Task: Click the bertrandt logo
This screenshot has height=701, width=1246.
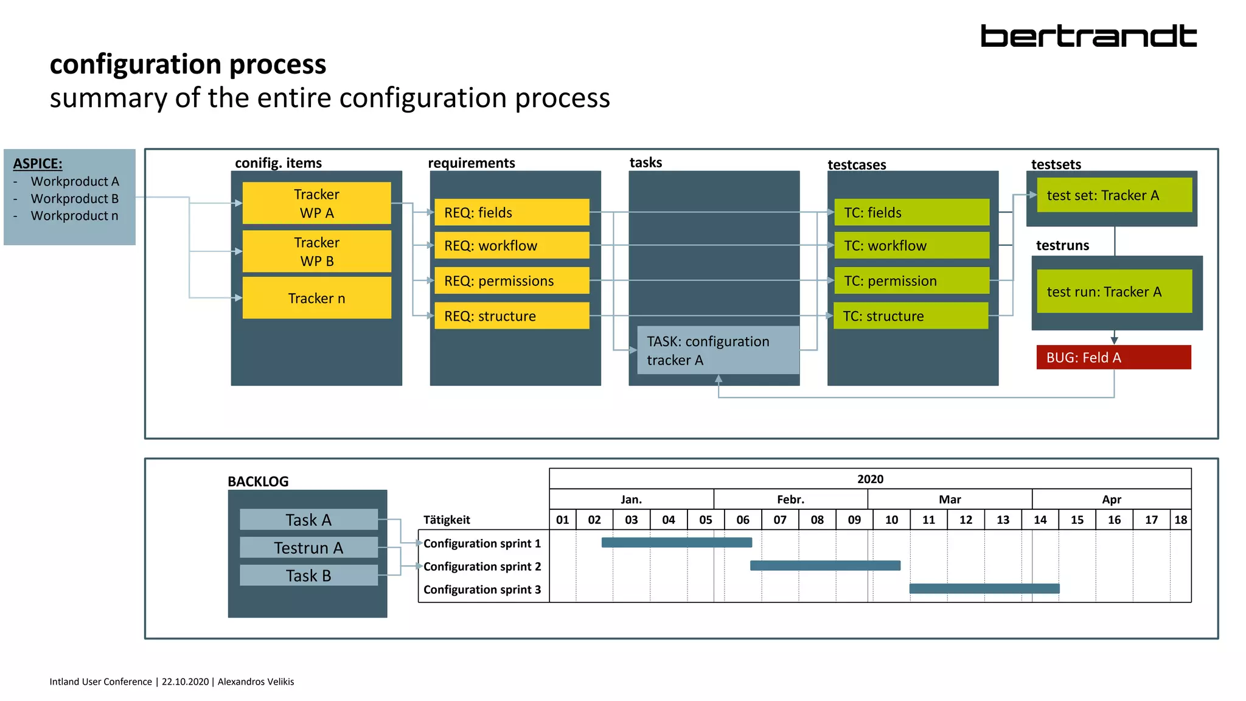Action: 1088,37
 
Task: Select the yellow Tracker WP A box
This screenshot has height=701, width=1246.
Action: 316,203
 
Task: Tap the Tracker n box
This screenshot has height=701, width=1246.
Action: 316,298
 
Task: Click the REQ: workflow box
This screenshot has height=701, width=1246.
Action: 512,245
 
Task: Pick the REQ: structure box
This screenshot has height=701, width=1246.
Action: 512,316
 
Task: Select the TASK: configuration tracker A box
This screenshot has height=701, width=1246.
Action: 718,350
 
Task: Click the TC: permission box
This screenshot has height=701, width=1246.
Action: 911,281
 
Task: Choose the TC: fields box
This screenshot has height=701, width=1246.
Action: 911,212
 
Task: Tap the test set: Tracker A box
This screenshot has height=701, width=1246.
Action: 1114,195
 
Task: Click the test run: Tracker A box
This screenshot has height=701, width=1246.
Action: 1114,291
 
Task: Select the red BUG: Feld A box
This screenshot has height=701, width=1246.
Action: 1113,357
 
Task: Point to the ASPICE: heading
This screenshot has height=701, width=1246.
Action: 38,164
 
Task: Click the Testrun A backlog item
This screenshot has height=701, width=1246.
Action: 308,548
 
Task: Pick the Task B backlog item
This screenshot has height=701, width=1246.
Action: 308,576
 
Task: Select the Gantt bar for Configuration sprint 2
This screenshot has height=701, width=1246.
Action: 825,565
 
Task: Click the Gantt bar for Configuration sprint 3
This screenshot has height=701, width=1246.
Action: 984,588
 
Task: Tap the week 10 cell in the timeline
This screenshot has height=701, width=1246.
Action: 891,520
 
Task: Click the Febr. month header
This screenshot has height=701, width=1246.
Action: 790,500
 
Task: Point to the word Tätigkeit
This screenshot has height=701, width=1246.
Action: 447,520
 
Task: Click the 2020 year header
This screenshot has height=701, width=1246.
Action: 870,479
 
